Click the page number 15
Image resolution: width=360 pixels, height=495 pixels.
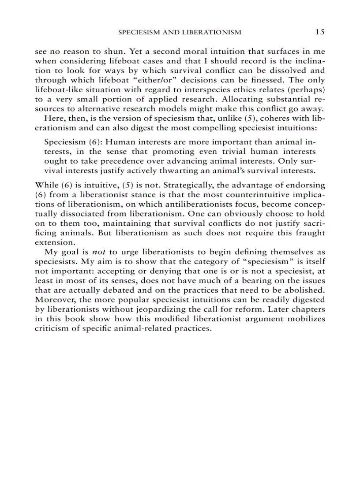320,32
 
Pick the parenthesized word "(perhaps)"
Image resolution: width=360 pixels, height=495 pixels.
305,89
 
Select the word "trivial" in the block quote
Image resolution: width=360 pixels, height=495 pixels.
236,152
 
